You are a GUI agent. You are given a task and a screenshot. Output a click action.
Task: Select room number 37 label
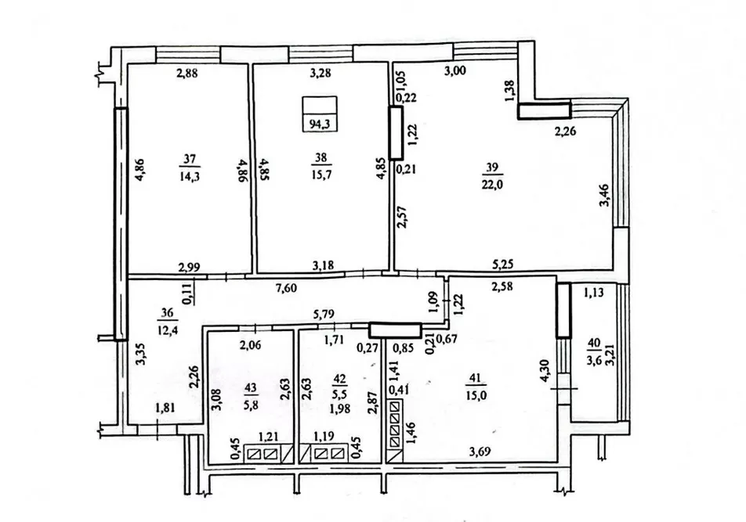click(188, 160)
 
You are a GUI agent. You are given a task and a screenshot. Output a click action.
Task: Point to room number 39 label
click(492, 166)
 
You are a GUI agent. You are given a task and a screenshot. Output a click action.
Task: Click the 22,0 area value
click(492, 183)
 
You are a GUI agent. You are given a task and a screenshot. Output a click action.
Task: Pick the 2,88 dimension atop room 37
click(186, 74)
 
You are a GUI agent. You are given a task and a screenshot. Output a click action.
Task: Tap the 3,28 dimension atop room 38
click(318, 74)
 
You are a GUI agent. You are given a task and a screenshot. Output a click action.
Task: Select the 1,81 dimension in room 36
click(165, 408)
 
